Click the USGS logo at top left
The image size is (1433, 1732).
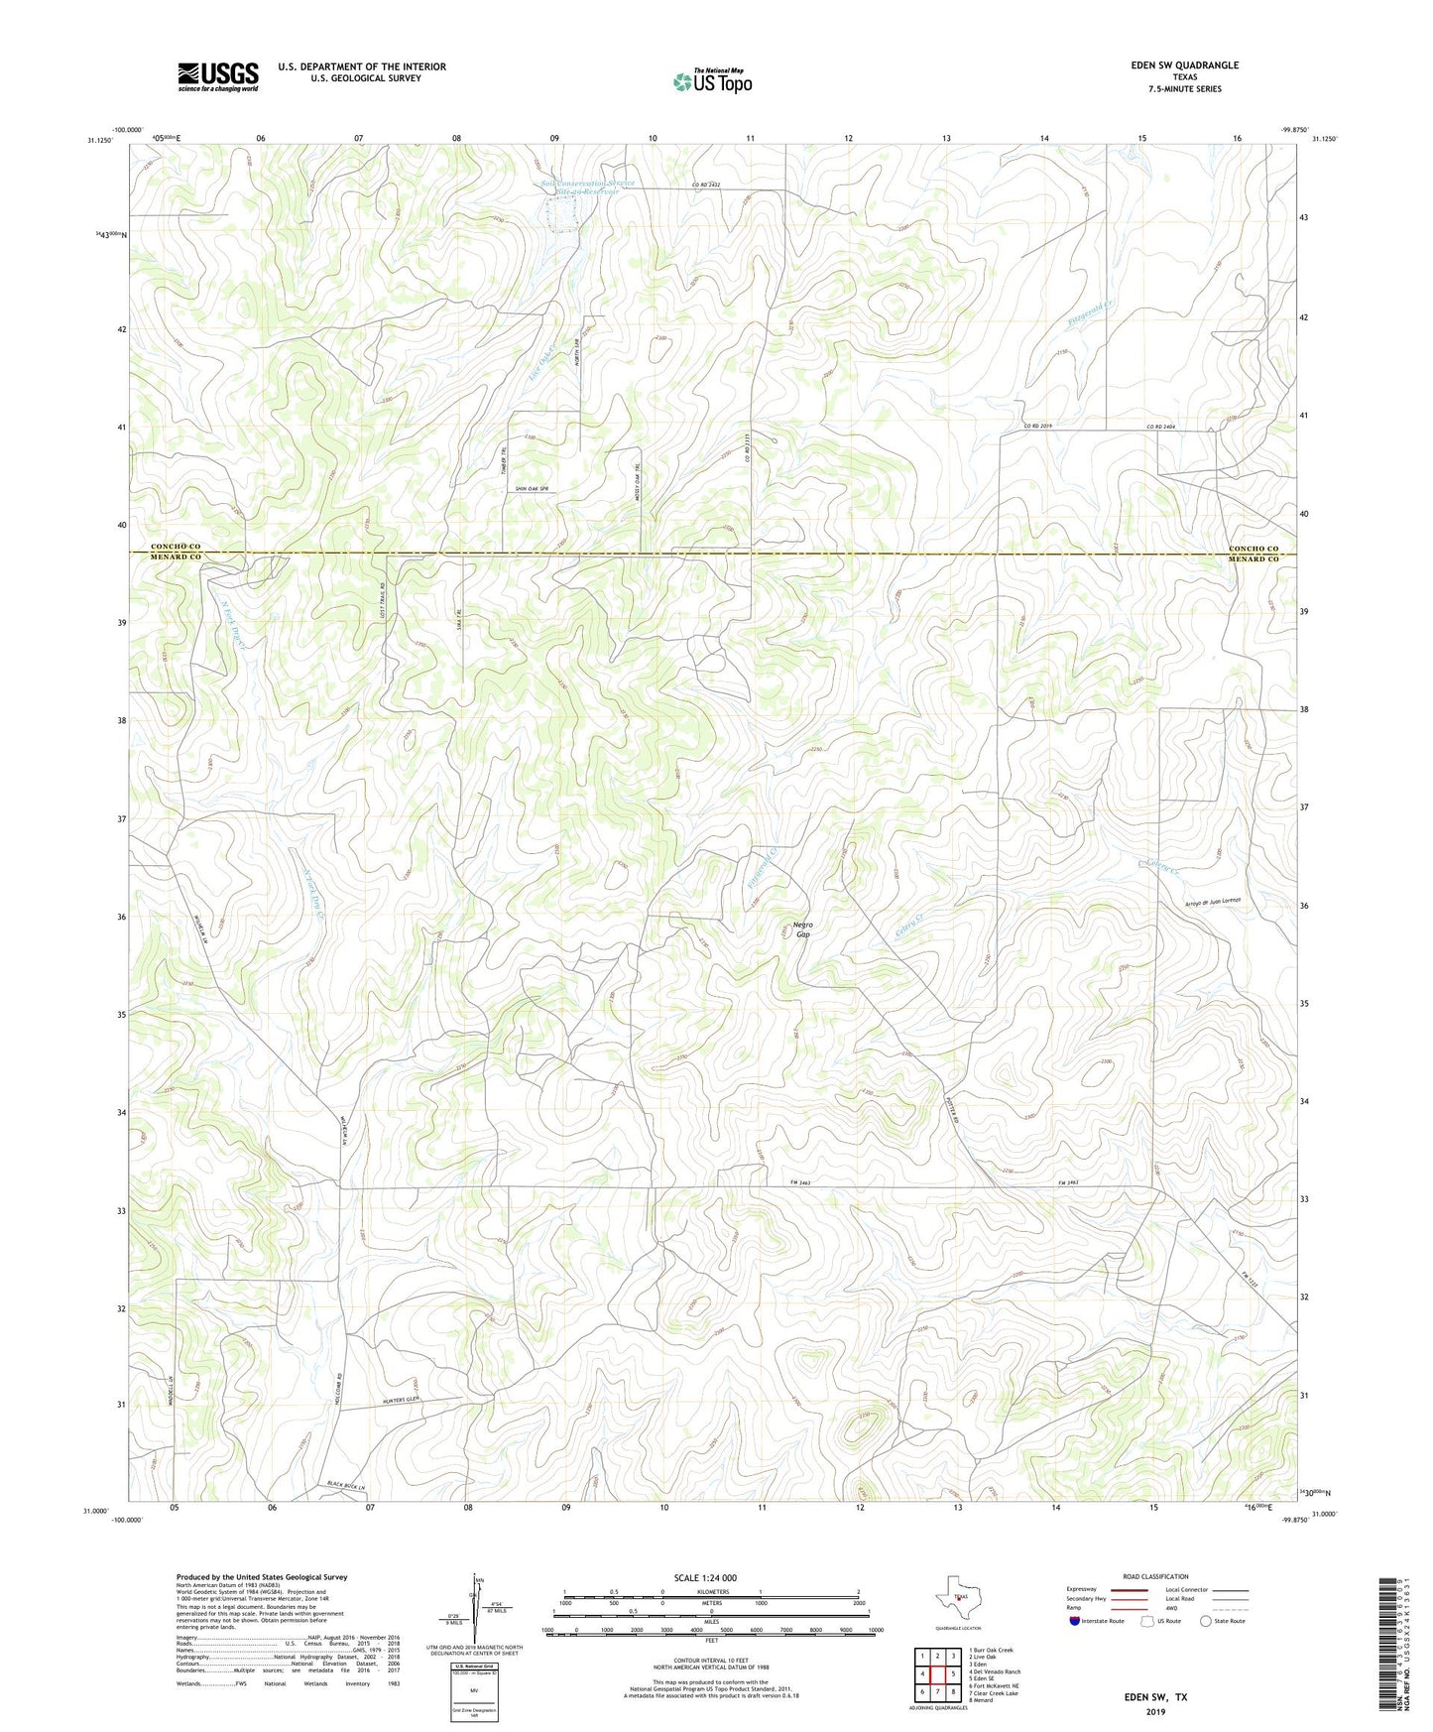click(218, 76)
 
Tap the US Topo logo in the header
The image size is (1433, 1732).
click(711, 80)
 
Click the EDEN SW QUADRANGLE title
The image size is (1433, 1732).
click(1184, 65)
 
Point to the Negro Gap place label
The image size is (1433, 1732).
click(802, 929)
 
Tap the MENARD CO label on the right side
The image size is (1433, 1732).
click(1254, 559)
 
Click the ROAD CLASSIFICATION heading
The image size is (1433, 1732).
click(1156, 1576)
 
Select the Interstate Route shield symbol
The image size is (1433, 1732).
click(1074, 1621)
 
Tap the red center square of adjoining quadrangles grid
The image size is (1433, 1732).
click(937, 1673)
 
